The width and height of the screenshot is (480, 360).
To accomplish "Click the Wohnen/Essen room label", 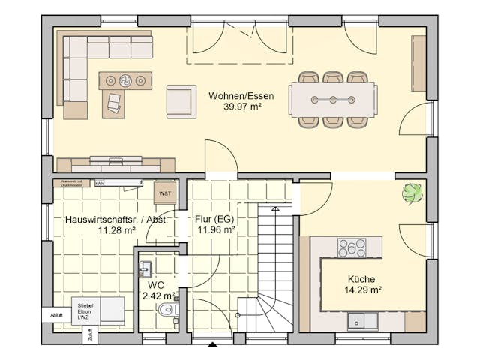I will (x=241, y=96).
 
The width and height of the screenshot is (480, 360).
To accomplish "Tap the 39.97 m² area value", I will (x=241, y=106).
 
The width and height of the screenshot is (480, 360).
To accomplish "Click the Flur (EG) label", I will (x=215, y=220).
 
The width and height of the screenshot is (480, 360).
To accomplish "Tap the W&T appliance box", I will (x=163, y=193).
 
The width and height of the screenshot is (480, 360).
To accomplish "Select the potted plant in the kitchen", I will (x=412, y=193).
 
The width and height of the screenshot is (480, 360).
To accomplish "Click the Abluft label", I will (x=56, y=315).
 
